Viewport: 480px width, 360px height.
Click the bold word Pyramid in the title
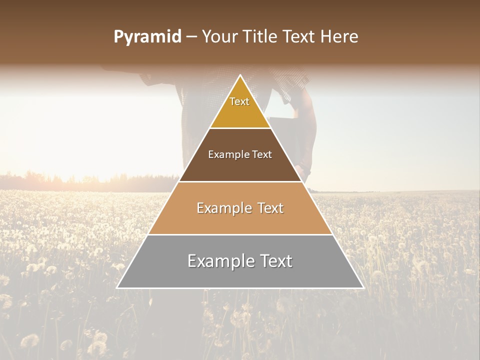pyautogui.click(x=147, y=37)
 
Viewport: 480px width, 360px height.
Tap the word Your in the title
pyautogui.click(x=220, y=37)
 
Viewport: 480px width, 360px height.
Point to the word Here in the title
pyautogui.click(x=340, y=37)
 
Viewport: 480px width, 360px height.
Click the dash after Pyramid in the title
pyautogui.click(x=191, y=37)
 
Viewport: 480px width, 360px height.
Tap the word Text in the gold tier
pyautogui.click(x=239, y=101)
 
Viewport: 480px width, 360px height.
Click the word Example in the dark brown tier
pyautogui.click(x=224, y=155)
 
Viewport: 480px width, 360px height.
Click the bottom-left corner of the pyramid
pyautogui.click(x=117, y=287)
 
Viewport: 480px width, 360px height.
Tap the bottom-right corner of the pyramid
pyautogui.click(x=363, y=287)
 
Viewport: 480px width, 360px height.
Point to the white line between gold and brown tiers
pyautogui.click(x=240, y=128)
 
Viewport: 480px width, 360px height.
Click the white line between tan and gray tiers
pyautogui.click(x=240, y=234)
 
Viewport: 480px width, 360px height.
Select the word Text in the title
pyautogui.click(x=302, y=37)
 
